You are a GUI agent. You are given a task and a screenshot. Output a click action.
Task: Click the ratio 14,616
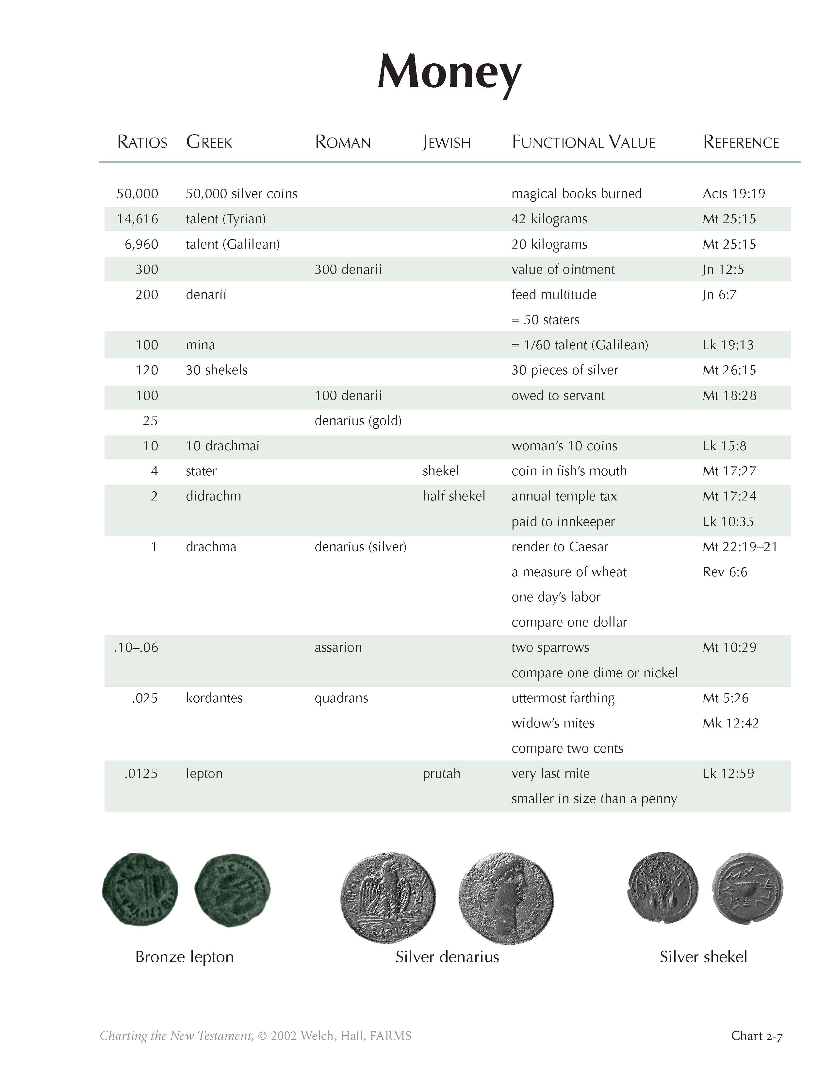[x=137, y=219]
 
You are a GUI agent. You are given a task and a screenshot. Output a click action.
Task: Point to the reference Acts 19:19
[x=733, y=193]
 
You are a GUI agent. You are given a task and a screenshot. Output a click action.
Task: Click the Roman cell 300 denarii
[x=348, y=269]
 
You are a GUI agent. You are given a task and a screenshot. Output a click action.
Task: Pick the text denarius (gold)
[x=358, y=420]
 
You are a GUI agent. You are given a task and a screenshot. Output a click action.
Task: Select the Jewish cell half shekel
[x=453, y=496]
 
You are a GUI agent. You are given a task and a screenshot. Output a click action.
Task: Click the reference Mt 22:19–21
[x=740, y=547]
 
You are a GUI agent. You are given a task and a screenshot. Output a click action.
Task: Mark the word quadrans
[x=341, y=698]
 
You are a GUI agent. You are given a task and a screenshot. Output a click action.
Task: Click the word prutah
[x=441, y=774]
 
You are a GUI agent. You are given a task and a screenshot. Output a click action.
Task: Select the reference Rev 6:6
[x=725, y=572]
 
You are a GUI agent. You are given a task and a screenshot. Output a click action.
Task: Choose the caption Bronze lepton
[x=184, y=956]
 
